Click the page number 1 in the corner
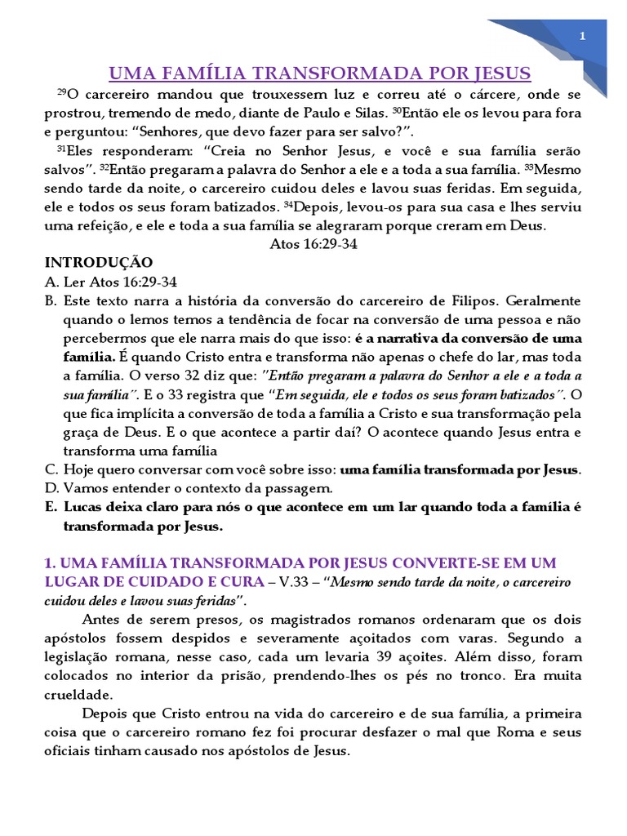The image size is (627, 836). pyautogui.click(x=583, y=36)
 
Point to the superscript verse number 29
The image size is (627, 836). pyautogui.click(x=60, y=93)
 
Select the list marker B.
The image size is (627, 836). pyautogui.click(x=49, y=300)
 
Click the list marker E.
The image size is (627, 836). pyautogui.click(x=49, y=508)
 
